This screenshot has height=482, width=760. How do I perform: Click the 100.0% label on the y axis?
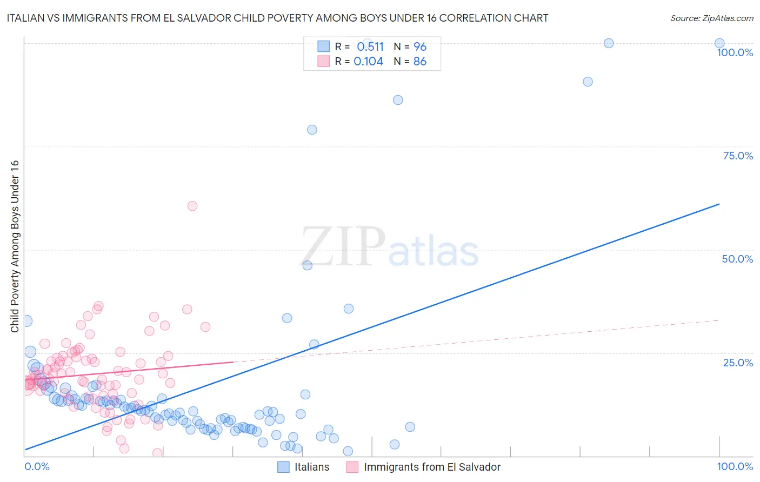[735, 52]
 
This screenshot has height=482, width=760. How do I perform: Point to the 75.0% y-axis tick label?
[738, 156]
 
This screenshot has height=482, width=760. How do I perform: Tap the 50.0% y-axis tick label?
[737, 259]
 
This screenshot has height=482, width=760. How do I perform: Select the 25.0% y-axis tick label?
[738, 363]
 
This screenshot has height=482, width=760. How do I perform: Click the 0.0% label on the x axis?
[37, 466]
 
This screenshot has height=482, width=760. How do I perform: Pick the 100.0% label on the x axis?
[735, 466]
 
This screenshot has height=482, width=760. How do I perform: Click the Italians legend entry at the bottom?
[311, 467]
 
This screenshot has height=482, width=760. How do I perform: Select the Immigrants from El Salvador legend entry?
[432, 467]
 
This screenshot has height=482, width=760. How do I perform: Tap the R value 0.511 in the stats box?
[370, 46]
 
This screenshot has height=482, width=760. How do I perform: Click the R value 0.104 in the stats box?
[368, 62]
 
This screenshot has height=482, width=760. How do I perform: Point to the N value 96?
[420, 46]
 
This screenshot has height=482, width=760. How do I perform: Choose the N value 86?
[420, 62]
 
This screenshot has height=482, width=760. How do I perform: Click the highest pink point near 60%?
[192, 206]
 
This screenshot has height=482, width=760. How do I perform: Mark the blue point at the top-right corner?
[719, 43]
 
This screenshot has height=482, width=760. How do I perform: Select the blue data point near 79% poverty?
[312, 130]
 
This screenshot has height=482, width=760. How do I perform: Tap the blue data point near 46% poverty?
[308, 265]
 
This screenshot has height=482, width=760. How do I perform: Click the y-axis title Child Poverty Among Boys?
[15, 246]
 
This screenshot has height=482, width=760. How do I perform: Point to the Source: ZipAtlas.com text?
[711, 18]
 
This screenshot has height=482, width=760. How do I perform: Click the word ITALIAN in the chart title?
[26, 18]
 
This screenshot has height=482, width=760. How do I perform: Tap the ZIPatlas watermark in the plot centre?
[389, 247]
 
